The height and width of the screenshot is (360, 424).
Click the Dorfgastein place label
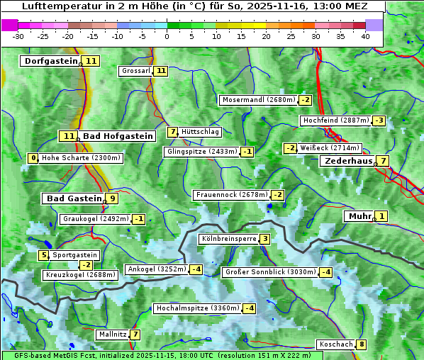click(50, 61)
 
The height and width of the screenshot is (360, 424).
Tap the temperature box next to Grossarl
click(161, 71)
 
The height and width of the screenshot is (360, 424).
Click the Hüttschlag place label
click(201, 132)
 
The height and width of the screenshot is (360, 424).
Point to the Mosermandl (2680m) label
click(258, 100)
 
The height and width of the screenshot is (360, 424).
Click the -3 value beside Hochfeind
click(379, 120)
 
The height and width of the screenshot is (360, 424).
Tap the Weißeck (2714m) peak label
click(330, 148)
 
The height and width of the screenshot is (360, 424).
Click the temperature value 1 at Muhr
click(382, 216)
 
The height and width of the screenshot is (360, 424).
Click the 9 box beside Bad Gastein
click(112, 198)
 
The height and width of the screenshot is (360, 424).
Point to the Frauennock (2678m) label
click(231, 195)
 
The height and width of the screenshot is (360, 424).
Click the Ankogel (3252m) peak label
click(156, 269)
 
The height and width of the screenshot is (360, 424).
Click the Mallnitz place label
click(113, 334)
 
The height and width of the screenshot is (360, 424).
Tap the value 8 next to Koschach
click(362, 344)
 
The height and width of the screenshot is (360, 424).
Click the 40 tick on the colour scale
click(365, 36)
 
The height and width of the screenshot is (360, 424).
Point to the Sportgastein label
click(75, 255)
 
